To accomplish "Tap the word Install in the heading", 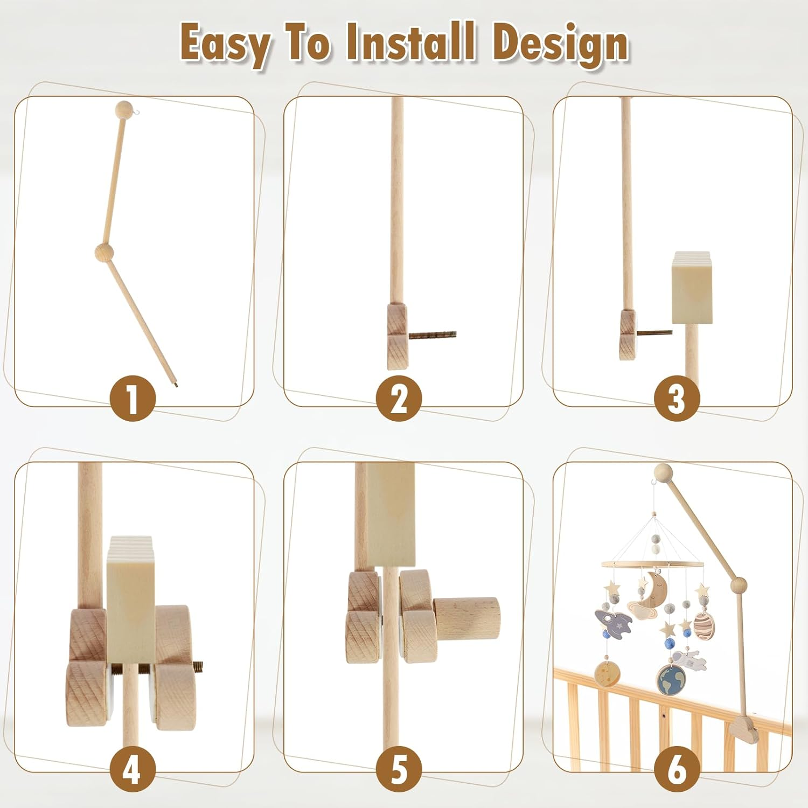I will click(x=410, y=43).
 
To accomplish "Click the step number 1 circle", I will click(x=133, y=399).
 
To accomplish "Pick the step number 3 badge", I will click(x=677, y=399).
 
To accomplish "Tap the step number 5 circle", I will click(x=399, y=769).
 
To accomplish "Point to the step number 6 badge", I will click(x=677, y=769).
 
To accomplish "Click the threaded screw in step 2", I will click(x=432, y=335).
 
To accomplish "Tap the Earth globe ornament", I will click(x=671, y=680).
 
